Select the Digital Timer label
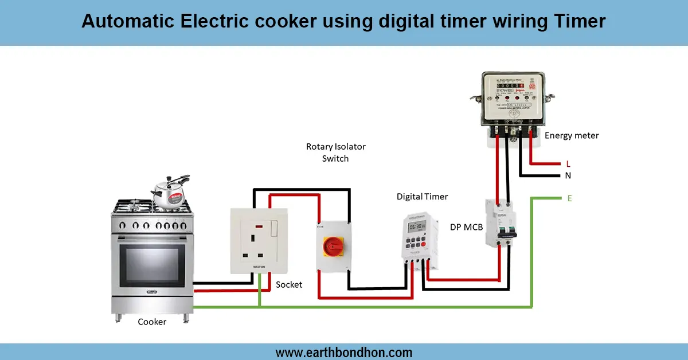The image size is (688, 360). [x=422, y=197]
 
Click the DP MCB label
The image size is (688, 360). [x=467, y=228]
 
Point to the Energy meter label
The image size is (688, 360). [x=572, y=136]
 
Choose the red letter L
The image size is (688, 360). [x=568, y=164]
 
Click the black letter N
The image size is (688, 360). [x=568, y=175]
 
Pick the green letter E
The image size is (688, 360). [x=569, y=198]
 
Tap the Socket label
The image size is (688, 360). [x=289, y=284]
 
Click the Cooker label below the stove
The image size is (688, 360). [x=152, y=322]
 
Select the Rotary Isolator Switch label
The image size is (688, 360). [x=335, y=152]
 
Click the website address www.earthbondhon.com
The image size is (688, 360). [x=344, y=353]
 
